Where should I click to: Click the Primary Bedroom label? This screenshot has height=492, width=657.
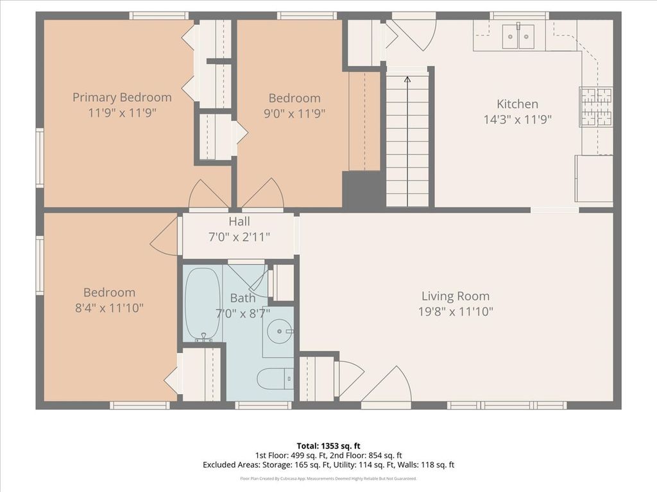122,97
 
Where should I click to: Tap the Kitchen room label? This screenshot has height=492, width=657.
518,104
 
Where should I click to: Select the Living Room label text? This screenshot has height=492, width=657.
456,296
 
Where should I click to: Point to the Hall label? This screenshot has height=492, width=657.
239,221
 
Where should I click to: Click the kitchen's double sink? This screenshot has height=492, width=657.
518,37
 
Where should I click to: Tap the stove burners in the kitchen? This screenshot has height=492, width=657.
596,107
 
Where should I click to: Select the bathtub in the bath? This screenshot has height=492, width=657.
203,304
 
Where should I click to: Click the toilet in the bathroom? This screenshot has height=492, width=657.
275,378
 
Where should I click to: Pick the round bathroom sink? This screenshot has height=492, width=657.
280,331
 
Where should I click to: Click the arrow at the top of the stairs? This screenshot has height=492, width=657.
407,79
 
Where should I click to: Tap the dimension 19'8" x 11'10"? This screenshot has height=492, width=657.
456,312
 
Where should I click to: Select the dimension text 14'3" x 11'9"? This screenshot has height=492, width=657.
518,120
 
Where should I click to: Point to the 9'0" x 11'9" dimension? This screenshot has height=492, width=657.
294,113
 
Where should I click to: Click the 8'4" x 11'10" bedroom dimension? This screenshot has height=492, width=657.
109,308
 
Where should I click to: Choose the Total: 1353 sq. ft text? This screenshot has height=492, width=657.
328,446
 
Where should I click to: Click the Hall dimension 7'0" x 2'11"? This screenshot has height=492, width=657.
239,237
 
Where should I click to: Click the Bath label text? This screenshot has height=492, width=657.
243,298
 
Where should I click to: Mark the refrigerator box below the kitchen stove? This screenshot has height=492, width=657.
594,178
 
